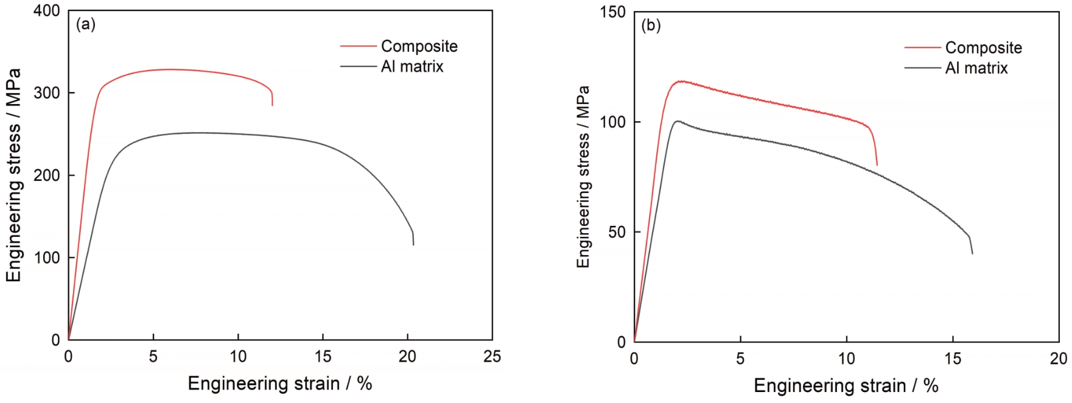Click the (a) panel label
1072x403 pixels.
tap(85, 24)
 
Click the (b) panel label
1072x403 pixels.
tap(651, 26)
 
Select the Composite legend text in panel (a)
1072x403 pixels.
tap(419, 46)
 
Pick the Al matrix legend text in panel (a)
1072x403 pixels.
tap(412, 66)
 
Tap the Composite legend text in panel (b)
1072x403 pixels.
tap(983, 48)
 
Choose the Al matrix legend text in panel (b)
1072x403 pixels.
tap(976, 68)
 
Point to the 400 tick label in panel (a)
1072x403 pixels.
tap(46, 11)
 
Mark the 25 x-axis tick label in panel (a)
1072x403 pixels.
tap(492, 357)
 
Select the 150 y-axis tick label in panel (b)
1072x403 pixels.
tap(612, 13)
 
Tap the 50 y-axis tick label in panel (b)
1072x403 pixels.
tap(617, 233)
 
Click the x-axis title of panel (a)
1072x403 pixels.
tap(279, 384)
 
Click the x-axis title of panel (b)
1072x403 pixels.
tap(846, 385)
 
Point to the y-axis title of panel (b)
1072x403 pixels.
tap(583, 177)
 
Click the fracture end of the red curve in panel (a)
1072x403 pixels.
tap(272, 105)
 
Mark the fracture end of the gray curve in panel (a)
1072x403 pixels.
tap(413, 245)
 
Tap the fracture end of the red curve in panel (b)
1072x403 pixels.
tap(877, 165)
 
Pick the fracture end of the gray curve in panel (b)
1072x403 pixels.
tap(972, 253)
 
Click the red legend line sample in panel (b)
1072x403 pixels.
tap(922, 48)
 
